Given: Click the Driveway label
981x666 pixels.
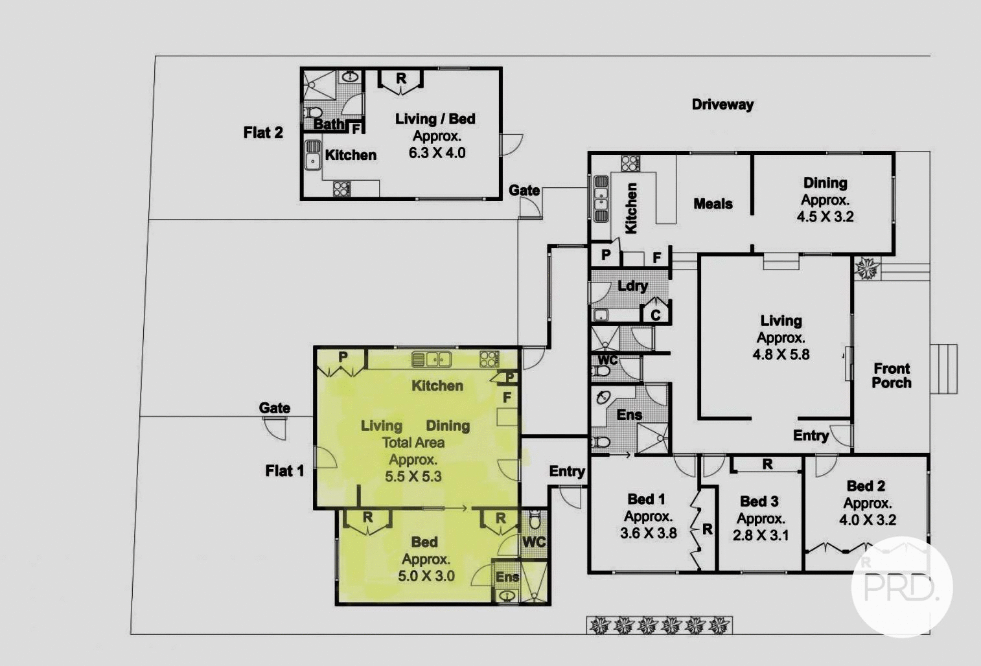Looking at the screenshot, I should click(x=722, y=104).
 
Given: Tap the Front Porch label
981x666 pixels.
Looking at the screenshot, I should click(x=891, y=376).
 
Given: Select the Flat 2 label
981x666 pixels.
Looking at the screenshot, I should click(x=263, y=133).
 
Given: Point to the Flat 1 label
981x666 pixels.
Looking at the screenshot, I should click(x=284, y=471).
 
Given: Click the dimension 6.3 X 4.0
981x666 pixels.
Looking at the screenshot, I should click(x=437, y=154).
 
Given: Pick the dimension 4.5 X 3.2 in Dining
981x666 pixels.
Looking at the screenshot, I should click(x=825, y=217).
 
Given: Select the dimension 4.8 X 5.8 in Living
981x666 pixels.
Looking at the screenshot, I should click(x=781, y=355).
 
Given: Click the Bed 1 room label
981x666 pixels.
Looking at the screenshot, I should click(x=646, y=499).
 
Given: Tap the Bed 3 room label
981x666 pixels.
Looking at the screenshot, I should click(x=759, y=501).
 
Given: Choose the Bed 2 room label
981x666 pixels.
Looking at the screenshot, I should click(x=866, y=487).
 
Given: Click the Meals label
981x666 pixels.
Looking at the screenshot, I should click(x=713, y=204).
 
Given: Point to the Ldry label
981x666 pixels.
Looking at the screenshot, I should click(x=632, y=286).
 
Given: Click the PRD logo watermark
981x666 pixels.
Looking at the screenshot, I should click(x=901, y=587).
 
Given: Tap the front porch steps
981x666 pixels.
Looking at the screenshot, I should click(x=944, y=369).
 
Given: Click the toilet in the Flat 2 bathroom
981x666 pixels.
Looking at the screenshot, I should click(x=314, y=113).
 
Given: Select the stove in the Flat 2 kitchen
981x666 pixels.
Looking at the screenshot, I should click(x=341, y=189).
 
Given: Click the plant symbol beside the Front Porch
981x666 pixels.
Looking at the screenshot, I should click(x=867, y=268).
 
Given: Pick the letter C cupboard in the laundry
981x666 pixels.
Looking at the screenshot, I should click(x=656, y=315).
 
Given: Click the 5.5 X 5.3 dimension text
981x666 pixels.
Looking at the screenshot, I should click(x=413, y=477).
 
